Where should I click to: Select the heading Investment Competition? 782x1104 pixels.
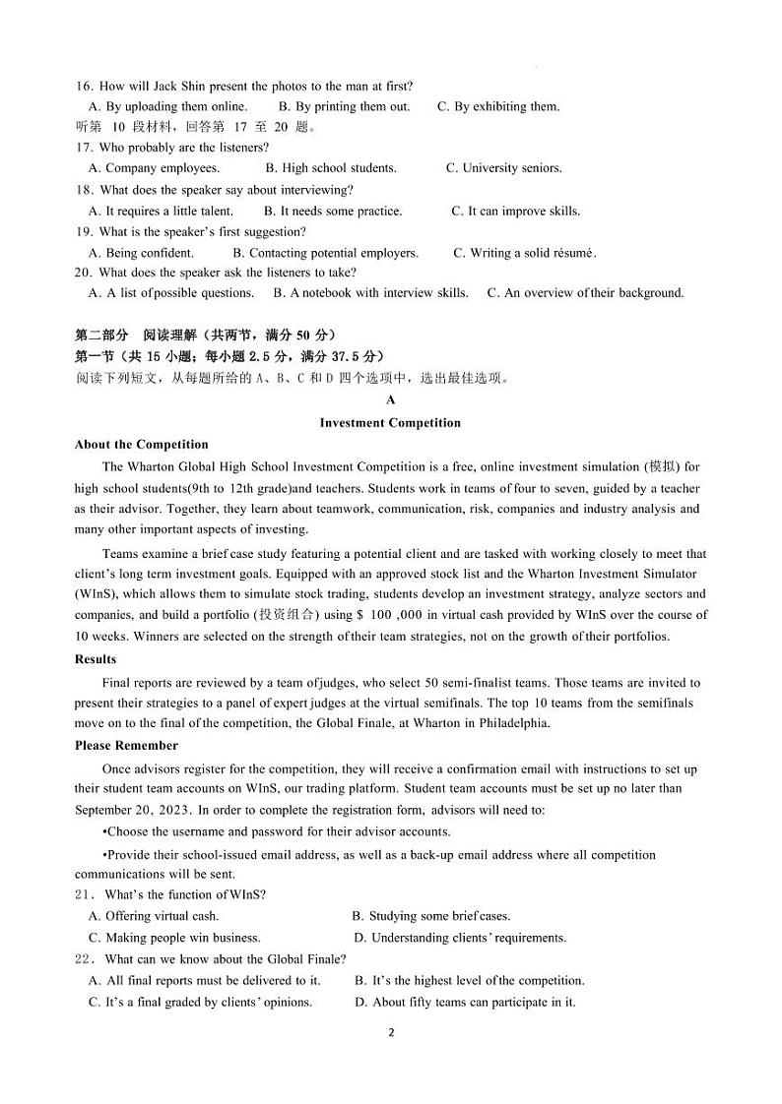click(x=390, y=423)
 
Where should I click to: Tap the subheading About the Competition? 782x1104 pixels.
click(x=141, y=445)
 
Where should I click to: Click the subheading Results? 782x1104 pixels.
click(x=96, y=659)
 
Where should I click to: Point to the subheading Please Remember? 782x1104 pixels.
click(x=126, y=746)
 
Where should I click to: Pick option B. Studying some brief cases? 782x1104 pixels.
click(x=431, y=916)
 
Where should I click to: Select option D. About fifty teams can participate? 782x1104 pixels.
click(x=465, y=1003)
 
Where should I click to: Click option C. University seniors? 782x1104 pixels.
click(x=503, y=168)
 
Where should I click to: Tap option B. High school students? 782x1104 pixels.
click(x=332, y=168)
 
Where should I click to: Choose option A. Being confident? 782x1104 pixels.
click(x=141, y=253)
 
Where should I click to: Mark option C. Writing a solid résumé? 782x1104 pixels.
click(x=525, y=253)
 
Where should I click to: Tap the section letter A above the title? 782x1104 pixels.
click(x=391, y=400)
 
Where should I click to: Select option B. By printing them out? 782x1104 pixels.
click(x=345, y=106)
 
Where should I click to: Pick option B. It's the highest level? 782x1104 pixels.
click(x=470, y=981)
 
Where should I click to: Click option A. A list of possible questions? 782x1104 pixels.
click(x=171, y=293)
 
